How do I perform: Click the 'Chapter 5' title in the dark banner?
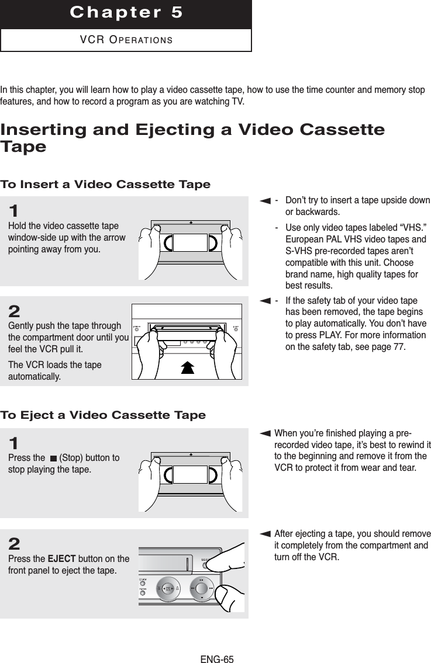126,13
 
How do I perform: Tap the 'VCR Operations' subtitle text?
126,40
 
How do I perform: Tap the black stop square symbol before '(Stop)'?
54,458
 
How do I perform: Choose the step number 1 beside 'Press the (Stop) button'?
13,443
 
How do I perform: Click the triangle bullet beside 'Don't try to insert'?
266,201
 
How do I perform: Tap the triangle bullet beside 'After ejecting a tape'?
266,534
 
